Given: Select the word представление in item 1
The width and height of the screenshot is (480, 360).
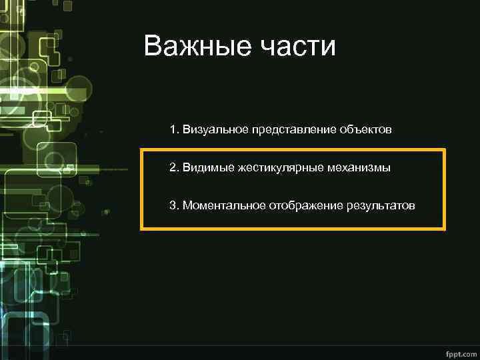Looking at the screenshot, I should pyautogui.click(x=291, y=129).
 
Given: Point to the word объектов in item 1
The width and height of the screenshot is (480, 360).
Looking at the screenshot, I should pyautogui.click(x=365, y=129).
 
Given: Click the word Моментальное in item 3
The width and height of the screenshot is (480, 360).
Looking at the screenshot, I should pyautogui.click(x=224, y=205).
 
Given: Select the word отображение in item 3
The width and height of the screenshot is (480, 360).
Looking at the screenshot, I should pyautogui.click(x=305, y=205).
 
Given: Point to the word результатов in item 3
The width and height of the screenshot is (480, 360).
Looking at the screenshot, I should pyautogui.click(x=380, y=205).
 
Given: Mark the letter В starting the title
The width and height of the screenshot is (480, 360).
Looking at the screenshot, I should pyautogui.click(x=153, y=47).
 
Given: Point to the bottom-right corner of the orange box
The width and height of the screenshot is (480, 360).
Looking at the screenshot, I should pyautogui.click(x=444, y=229).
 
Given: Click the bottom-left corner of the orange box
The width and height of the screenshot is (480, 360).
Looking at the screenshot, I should pyautogui.click(x=141, y=229).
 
